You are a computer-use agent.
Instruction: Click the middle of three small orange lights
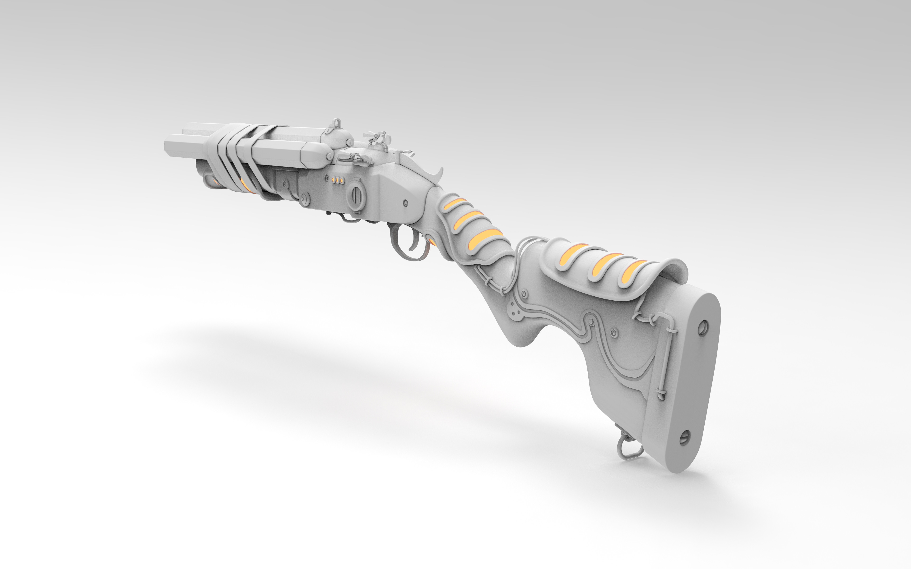click(x=338, y=180)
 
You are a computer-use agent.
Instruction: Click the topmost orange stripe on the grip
click(x=455, y=204)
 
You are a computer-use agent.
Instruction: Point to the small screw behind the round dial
click(x=405, y=203)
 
